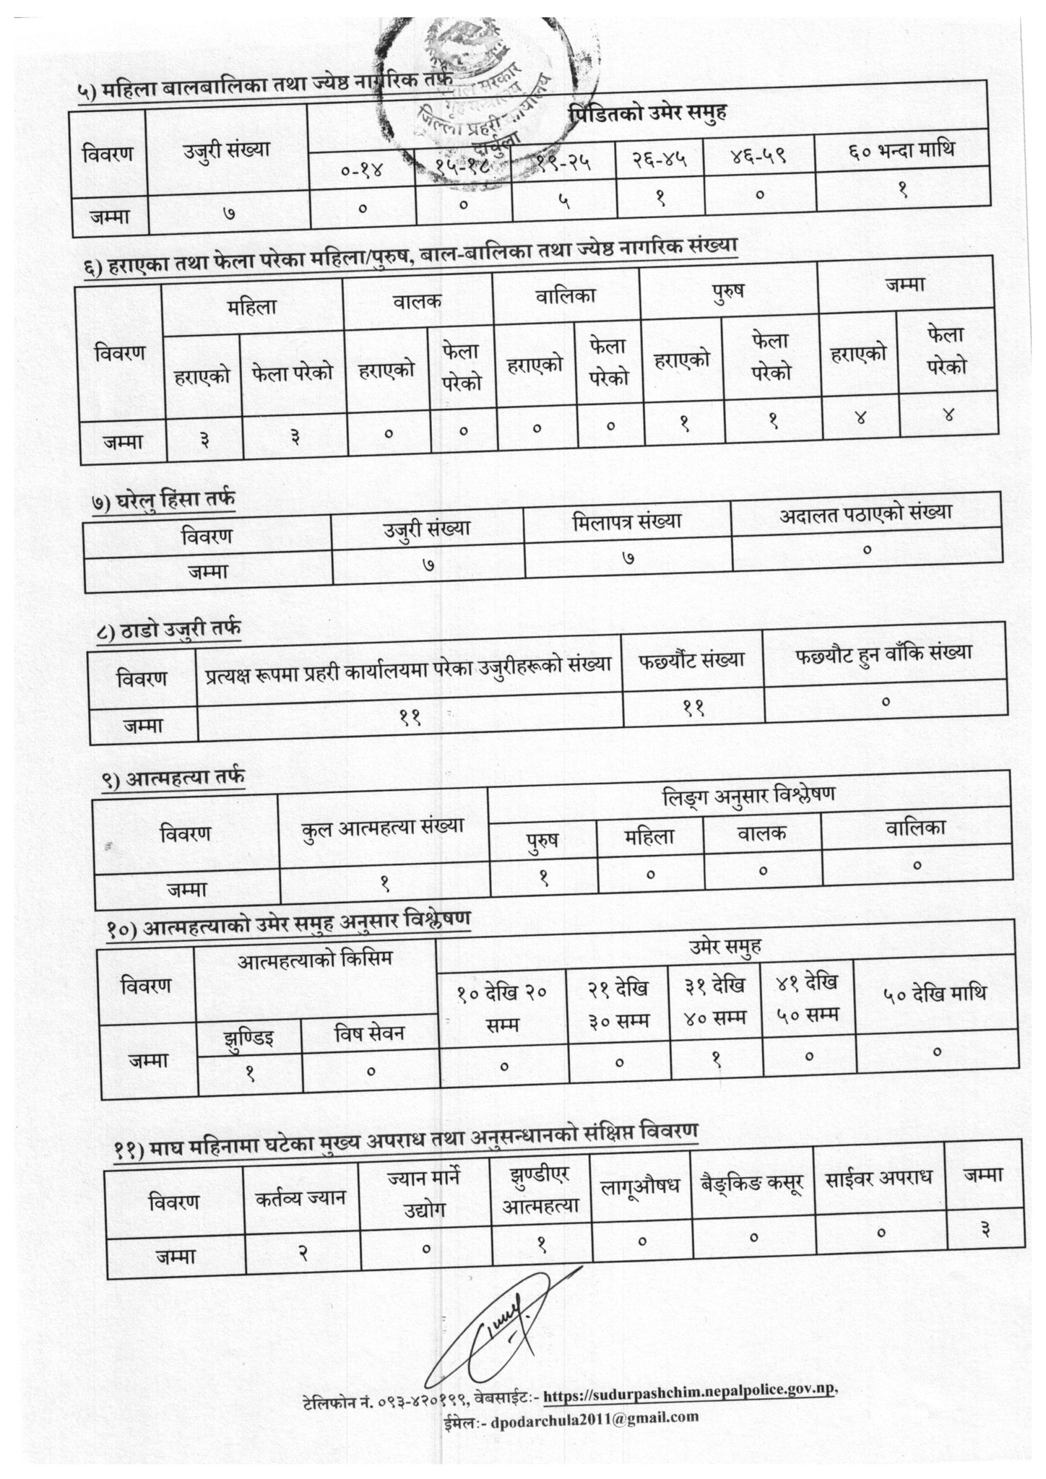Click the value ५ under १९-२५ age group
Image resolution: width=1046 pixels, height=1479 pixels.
tap(563, 203)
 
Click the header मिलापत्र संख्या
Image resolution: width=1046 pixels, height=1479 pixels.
tap(627, 521)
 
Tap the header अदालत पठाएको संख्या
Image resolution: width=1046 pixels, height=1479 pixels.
tap(865, 513)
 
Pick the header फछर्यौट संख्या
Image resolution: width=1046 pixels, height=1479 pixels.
tap(691, 659)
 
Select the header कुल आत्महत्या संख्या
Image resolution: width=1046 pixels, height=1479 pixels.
tap(383, 825)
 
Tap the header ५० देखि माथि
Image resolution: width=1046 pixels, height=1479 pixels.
tap(935, 993)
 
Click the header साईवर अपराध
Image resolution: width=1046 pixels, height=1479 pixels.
tap(878, 1176)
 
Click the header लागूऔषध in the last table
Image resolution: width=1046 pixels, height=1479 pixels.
tap(640, 1186)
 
